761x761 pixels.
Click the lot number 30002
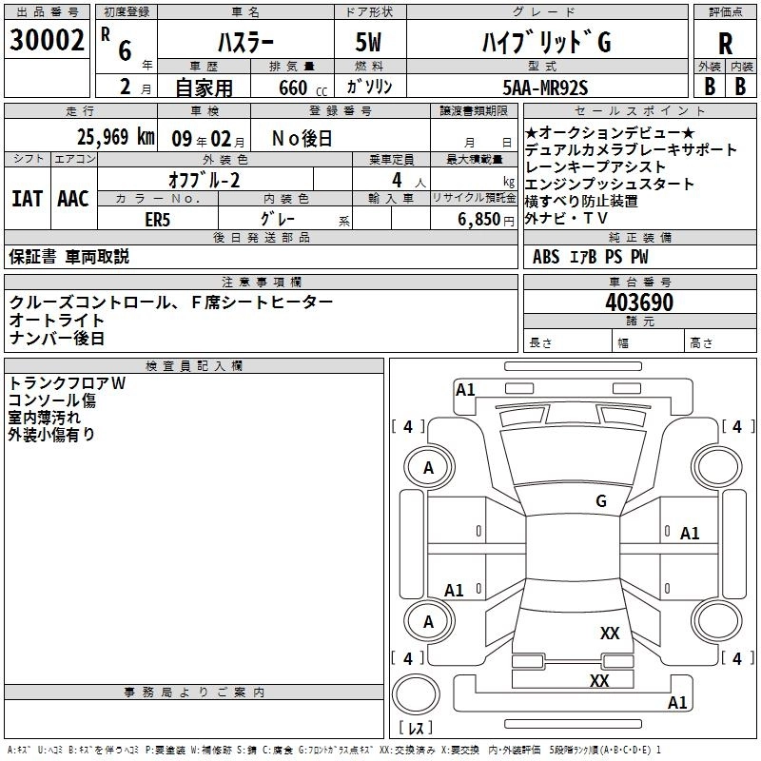click(x=47, y=40)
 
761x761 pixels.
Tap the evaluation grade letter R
click(x=725, y=44)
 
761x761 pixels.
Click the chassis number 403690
click(x=639, y=302)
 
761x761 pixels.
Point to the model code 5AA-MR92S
click(x=545, y=87)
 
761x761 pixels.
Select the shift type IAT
click(x=27, y=199)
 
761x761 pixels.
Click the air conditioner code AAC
click(x=72, y=199)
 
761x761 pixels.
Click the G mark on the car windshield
click(x=601, y=500)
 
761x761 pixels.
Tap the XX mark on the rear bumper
click(x=599, y=680)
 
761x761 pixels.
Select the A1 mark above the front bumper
click(x=465, y=390)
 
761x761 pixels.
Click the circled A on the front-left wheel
click(x=428, y=467)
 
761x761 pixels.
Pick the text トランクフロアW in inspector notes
click(x=67, y=382)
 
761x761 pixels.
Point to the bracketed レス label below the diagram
click(x=415, y=729)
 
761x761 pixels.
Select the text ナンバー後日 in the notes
click(x=57, y=338)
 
